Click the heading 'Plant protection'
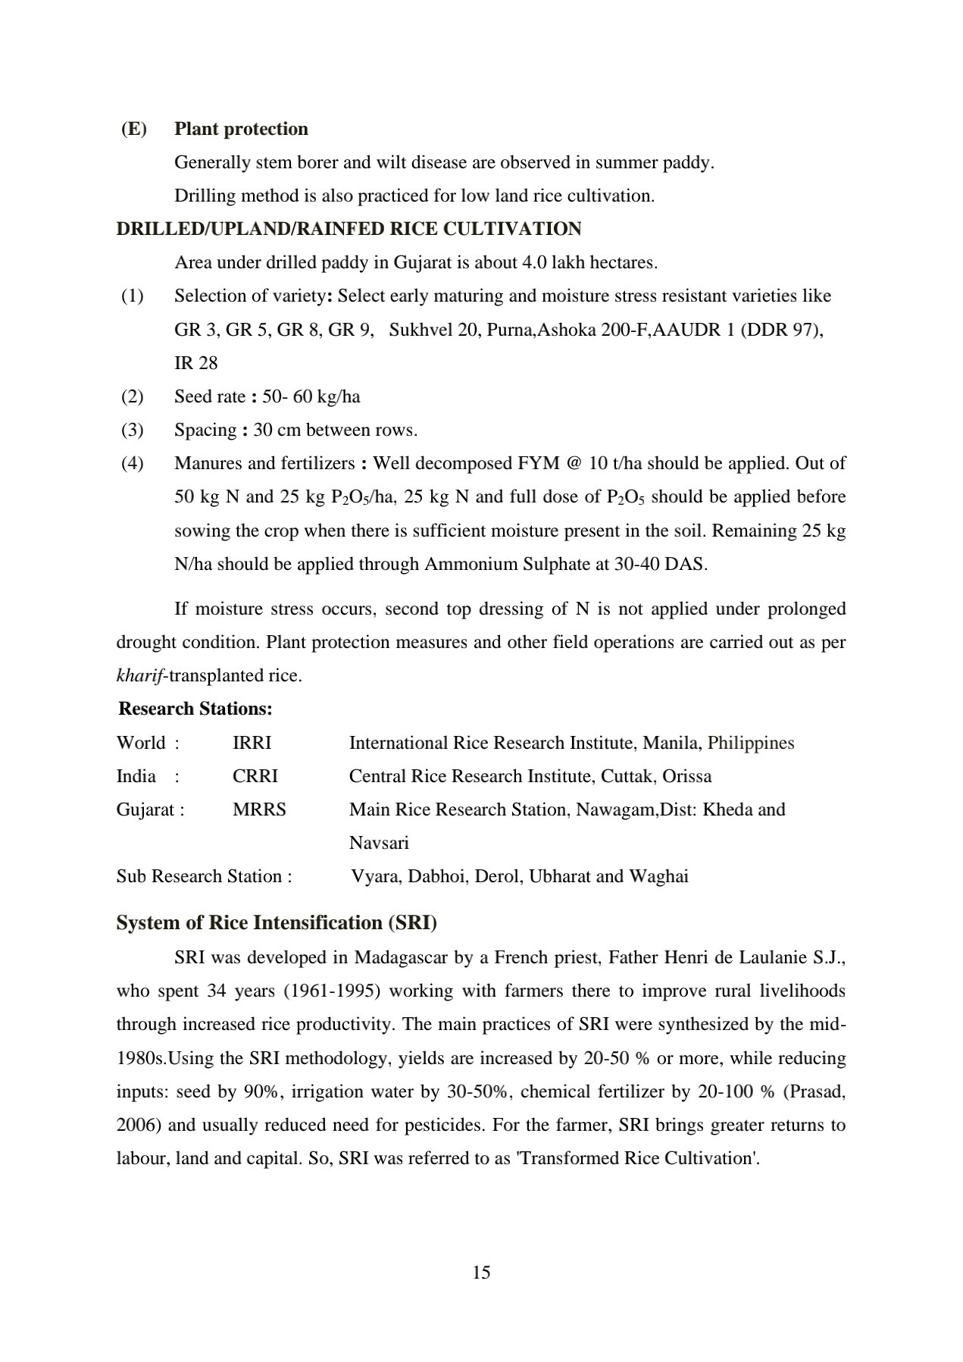point(241,129)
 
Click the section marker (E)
point(134,129)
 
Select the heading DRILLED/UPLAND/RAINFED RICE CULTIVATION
point(349,229)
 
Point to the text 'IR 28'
point(195,363)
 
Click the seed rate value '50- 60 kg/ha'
point(311,396)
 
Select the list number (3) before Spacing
point(133,430)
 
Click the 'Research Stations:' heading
point(195,709)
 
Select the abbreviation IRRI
point(252,743)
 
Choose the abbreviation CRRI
point(255,776)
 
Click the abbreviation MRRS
point(259,809)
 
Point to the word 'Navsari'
point(379,843)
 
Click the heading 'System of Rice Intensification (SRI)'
point(277,922)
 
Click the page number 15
point(481,1273)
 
